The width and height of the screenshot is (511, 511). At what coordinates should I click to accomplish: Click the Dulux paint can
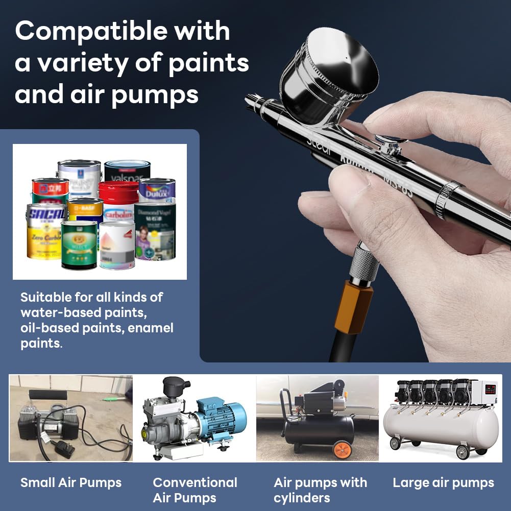pos(157,190)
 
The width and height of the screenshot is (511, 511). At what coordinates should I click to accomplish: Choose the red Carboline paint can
pos(118,202)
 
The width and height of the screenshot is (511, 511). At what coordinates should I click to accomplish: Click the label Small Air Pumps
pos(71,482)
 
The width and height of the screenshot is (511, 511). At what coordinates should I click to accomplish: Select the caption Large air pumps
pos(443,482)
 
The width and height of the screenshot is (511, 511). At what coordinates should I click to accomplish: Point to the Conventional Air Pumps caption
pos(195,490)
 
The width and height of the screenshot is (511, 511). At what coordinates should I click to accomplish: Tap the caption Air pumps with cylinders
pos(320,490)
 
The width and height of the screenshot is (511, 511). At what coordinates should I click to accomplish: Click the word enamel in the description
pos(151,328)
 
